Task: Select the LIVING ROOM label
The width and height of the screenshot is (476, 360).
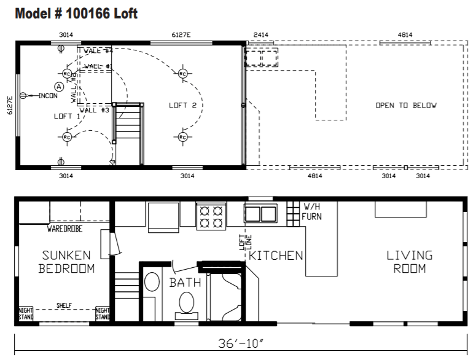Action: coord(409,262)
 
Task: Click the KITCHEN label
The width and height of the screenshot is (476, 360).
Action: coord(276,255)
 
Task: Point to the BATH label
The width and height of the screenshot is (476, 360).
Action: coord(185,283)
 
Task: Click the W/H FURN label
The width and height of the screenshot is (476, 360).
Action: coord(311,212)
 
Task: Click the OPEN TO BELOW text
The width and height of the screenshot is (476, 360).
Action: coord(406,105)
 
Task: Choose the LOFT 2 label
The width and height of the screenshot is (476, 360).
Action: coord(182,106)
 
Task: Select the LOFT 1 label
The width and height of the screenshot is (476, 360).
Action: coord(67,116)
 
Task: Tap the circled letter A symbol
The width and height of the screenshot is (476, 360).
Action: coord(59,87)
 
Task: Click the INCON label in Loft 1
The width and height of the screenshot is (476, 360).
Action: coord(48,96)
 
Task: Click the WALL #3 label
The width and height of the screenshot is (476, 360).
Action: coord(95,110)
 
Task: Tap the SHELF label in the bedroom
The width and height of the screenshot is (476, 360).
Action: coord(64,305)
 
